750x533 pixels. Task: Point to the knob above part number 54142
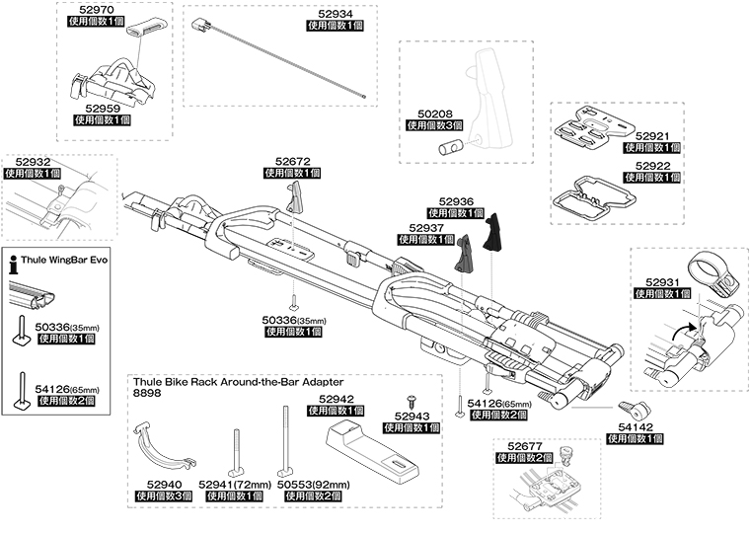(631, 408)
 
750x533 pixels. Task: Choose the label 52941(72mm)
(234, 485)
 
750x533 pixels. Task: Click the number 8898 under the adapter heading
(147, 393)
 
